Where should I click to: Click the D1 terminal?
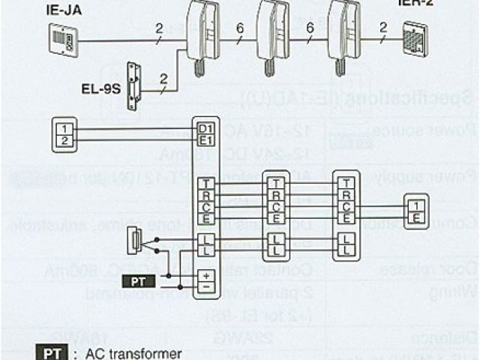(x=205, y=128)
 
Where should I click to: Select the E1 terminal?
(x=205, y=139)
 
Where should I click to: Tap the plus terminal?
(x=205, y=275)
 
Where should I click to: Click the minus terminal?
(x=205, y=286)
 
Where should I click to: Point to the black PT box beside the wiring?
(x=139, y=282)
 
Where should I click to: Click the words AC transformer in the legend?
(x=122, y=353)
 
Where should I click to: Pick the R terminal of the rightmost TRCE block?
(x=346, y=195)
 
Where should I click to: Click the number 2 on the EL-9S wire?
(x=163, y=77)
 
